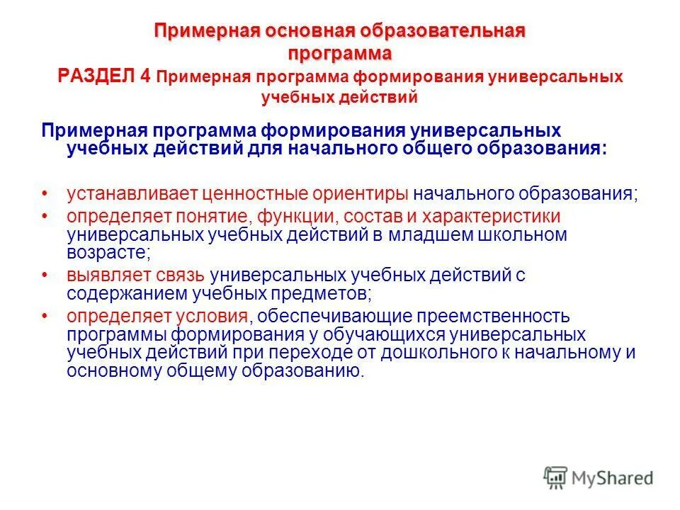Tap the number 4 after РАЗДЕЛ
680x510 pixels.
pos(145,76)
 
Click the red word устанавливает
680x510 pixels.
pos(130,193)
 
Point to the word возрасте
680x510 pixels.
pos(105,253)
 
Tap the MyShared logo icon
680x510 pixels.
pos(555,477)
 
